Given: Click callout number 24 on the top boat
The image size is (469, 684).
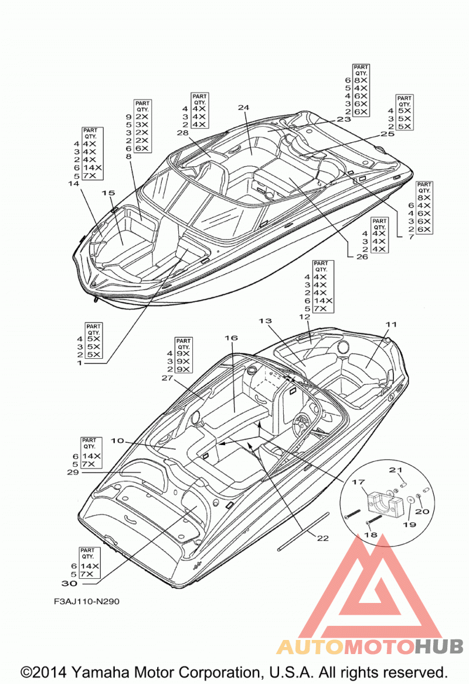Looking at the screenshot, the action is point(243,107).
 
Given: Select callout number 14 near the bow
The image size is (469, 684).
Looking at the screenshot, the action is point(74,184).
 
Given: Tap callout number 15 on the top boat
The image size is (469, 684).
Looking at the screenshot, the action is point(108,193).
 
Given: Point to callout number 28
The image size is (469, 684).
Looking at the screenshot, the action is point(182,133).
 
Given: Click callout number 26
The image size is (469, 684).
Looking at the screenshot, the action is point(362,257).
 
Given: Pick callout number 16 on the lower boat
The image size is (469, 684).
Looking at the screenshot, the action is point(231,338).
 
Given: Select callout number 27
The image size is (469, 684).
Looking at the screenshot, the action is point(167,378).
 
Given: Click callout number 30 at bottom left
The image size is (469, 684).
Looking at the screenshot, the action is point(69,583).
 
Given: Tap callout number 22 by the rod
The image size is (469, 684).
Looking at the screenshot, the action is point(322,538).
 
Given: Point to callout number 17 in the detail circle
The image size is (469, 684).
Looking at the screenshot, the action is point(358,482).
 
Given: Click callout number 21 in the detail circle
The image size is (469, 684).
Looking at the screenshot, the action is point(395,470).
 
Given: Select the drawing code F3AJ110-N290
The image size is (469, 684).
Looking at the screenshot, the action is point(87,601).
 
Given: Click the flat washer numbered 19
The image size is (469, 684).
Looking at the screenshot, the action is point(410,500).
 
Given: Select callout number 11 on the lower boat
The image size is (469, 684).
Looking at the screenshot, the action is point(391,324).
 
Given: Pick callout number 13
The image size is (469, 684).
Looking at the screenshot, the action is point(265,321).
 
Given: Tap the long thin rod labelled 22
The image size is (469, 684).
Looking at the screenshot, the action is point(303,532).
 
